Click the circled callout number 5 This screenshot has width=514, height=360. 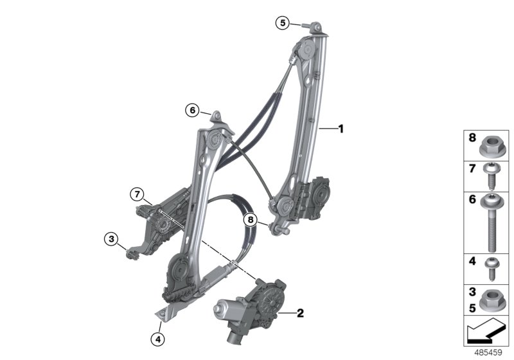[x=283, y=23]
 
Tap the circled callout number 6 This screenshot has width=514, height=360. [x=192, y=110]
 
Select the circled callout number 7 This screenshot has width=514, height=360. [x=137, y=194]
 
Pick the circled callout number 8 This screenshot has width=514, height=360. [x=251, y=219]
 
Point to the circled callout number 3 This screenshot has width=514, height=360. [x=111, y=239]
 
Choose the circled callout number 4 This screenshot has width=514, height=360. [x=157, y=339]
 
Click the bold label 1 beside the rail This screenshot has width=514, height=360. [x=341, y=129]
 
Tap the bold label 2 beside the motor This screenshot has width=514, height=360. [x=300, y=313]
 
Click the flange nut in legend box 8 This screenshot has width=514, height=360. [x=490, y=147]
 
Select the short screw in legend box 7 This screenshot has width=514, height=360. [x=490, y=176]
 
